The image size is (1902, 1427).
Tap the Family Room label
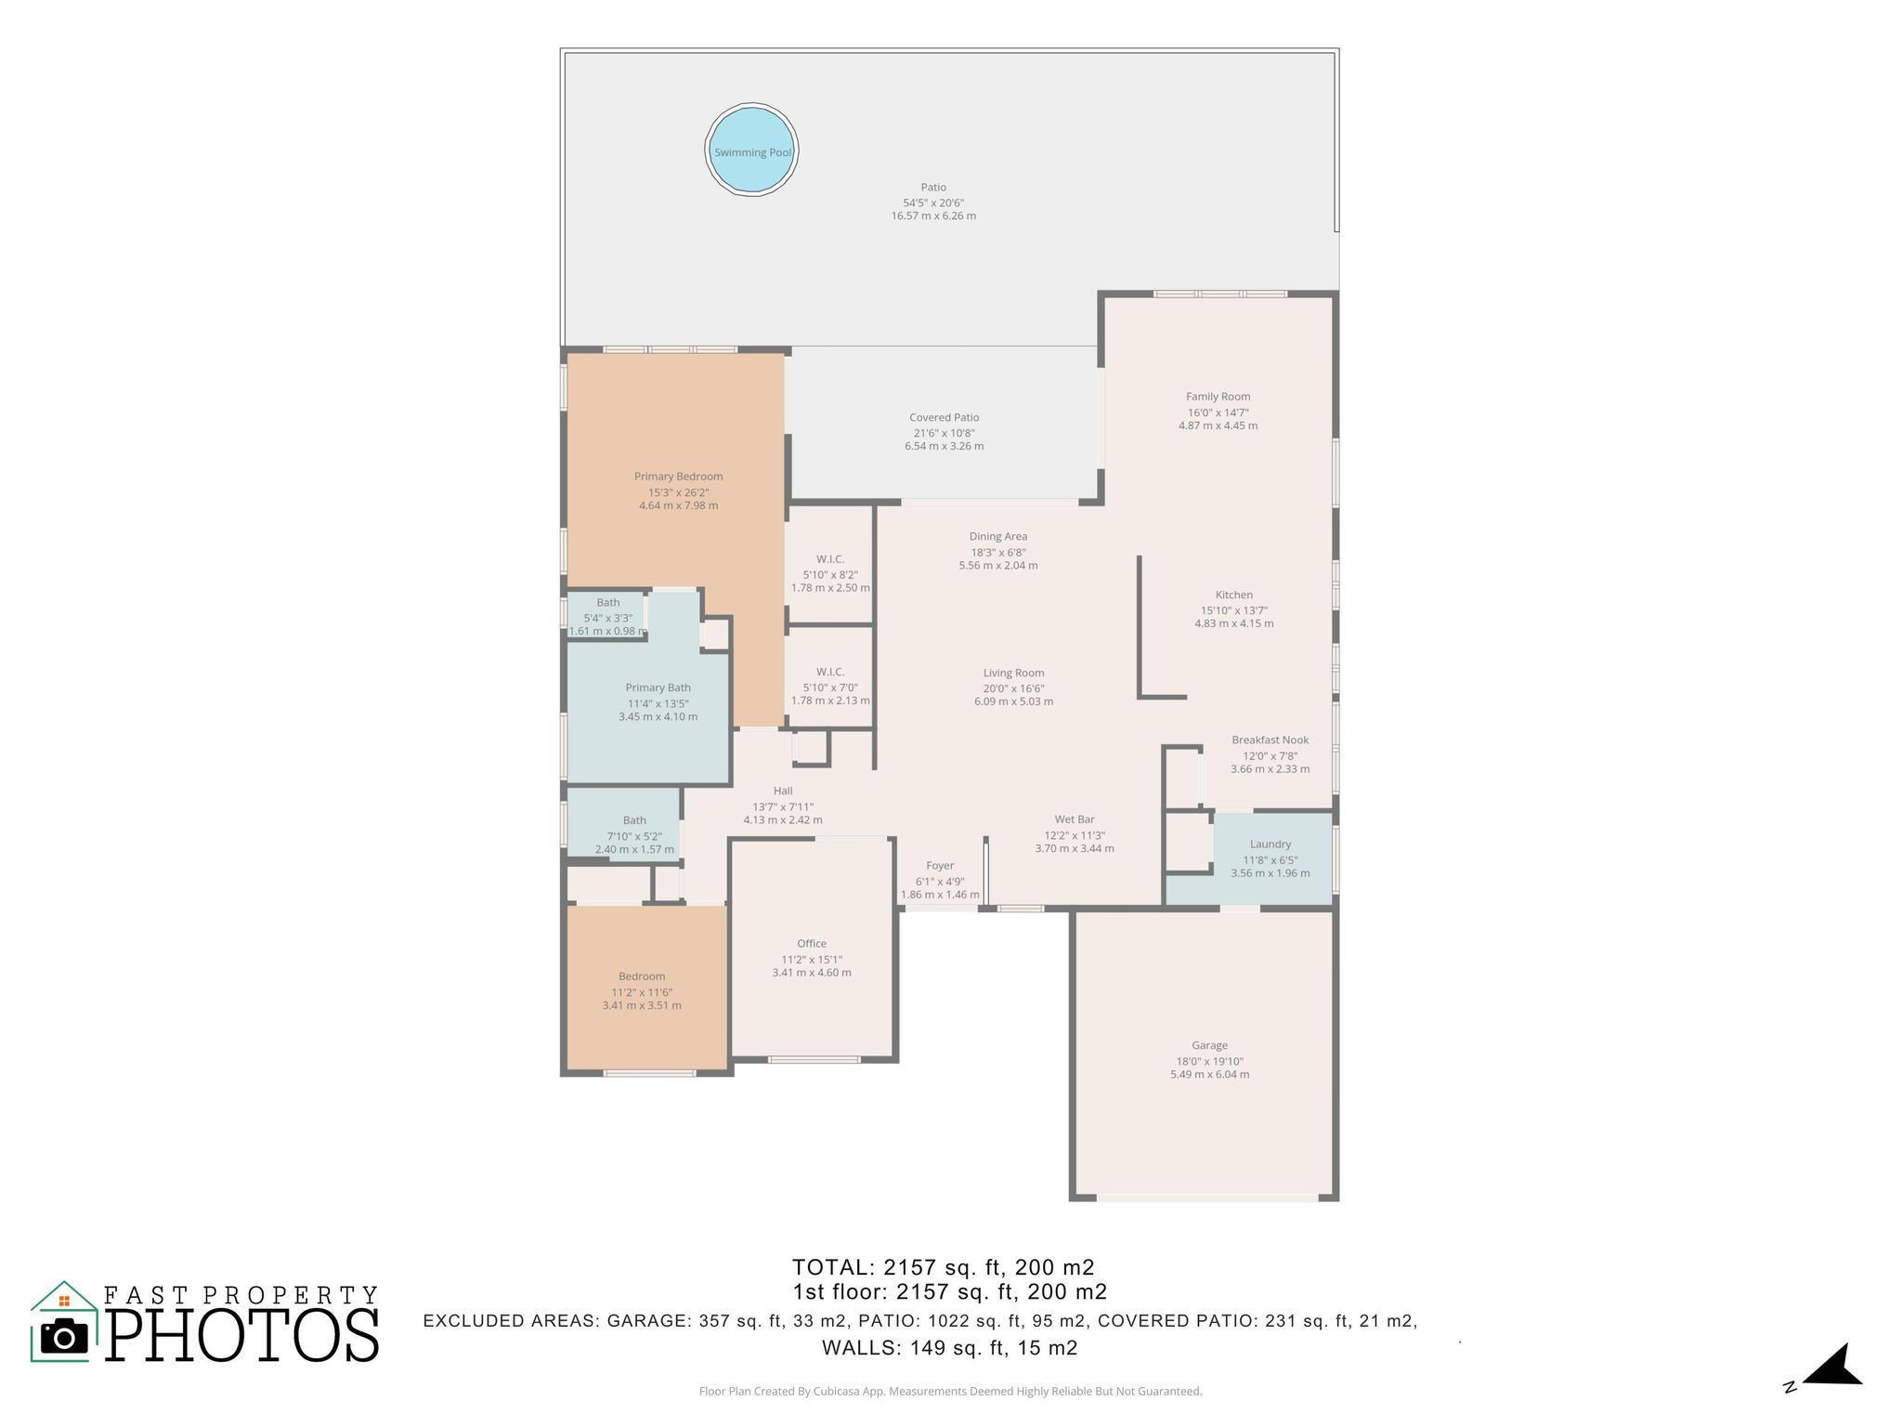1218,397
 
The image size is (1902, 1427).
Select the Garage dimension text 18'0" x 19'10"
1209,1061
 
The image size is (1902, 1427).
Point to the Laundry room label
1270,844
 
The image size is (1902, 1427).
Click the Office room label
811,944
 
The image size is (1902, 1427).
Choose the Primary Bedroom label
678,477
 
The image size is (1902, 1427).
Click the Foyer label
940,866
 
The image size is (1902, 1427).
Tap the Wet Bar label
1074,819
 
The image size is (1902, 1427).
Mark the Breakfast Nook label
1270,740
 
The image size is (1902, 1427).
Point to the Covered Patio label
944,418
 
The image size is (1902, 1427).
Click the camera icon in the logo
64,1336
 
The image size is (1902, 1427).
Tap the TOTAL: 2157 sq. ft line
943,1267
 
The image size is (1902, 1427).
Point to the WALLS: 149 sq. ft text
949,1348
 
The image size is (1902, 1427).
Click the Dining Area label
997,537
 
